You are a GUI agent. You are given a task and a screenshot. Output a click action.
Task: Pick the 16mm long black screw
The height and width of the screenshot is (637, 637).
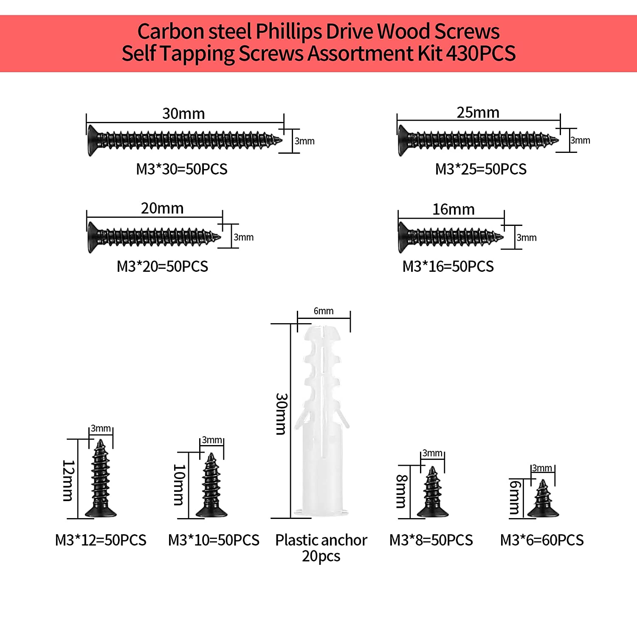pos(450,237)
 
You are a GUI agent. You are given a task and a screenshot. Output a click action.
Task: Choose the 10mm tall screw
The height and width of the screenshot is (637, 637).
pos(211,486)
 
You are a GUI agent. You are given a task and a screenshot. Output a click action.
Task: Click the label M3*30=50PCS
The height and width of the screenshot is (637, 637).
pos(182,169)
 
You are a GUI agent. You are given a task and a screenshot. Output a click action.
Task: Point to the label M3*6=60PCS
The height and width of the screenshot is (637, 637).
pos(542,540)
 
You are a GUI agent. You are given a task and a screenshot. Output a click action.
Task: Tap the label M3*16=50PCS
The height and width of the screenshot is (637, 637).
pos(448,266)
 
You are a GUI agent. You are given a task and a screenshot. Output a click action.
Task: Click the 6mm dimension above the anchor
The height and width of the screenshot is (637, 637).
pos(324,311)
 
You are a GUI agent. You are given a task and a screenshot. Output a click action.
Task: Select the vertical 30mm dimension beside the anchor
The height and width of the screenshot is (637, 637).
pos(281,414)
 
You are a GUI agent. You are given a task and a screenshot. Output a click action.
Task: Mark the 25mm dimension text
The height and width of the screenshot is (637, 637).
pos(478,113)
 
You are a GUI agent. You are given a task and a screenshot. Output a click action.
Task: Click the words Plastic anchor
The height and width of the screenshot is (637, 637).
pos(321,540)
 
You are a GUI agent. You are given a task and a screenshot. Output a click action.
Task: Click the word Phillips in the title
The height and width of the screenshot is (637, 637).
pos(288,31)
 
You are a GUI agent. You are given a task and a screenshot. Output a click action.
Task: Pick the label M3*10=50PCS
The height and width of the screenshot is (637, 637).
pos(214,540)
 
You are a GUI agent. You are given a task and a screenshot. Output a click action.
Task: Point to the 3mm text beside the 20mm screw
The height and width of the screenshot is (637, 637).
pos(243,237)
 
